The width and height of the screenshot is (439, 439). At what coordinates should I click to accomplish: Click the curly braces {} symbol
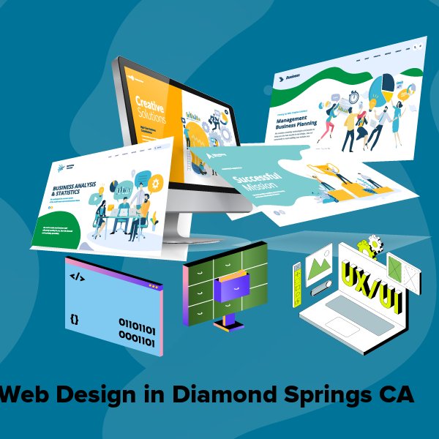(x=75, y=319)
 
